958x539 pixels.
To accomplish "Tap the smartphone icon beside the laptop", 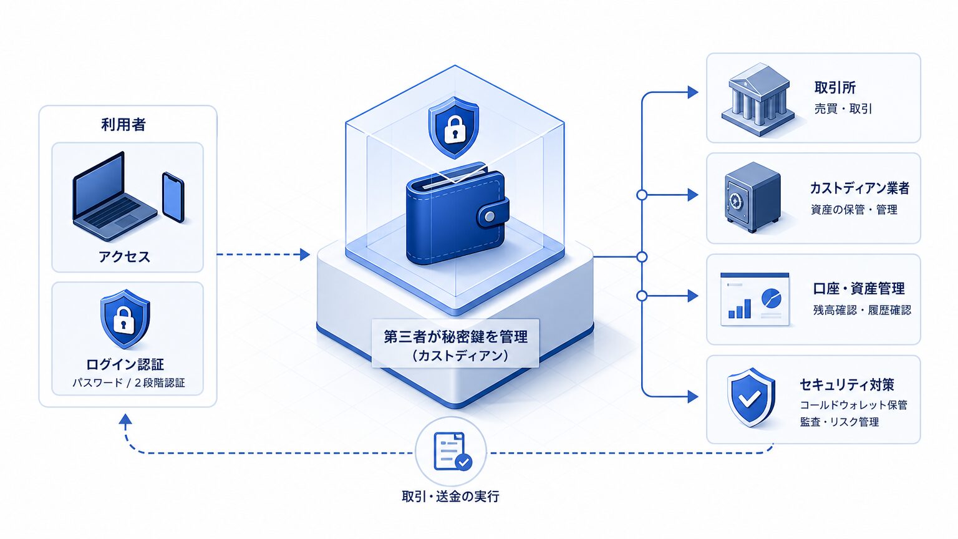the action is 173,197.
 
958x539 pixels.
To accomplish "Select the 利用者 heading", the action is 123,125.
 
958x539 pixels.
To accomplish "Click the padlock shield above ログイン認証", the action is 125,319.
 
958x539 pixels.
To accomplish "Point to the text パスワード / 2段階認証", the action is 128,383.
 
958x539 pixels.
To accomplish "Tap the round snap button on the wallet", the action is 490,216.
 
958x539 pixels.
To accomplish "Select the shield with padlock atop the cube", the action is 454,127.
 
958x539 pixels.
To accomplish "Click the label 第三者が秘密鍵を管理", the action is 455,337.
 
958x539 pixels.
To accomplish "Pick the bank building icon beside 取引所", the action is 758,100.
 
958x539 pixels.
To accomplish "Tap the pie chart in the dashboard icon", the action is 771,298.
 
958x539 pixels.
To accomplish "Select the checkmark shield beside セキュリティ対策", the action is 750,397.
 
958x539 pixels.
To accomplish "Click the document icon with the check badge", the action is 450,451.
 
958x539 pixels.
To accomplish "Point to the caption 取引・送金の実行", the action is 450,496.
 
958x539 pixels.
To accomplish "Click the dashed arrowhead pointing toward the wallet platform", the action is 304,255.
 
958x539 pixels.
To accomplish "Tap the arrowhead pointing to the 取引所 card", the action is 692,92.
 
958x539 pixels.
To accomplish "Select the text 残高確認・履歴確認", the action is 862,310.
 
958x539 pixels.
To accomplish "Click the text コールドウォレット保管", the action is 853,405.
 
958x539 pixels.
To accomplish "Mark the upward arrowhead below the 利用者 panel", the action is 125,419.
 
